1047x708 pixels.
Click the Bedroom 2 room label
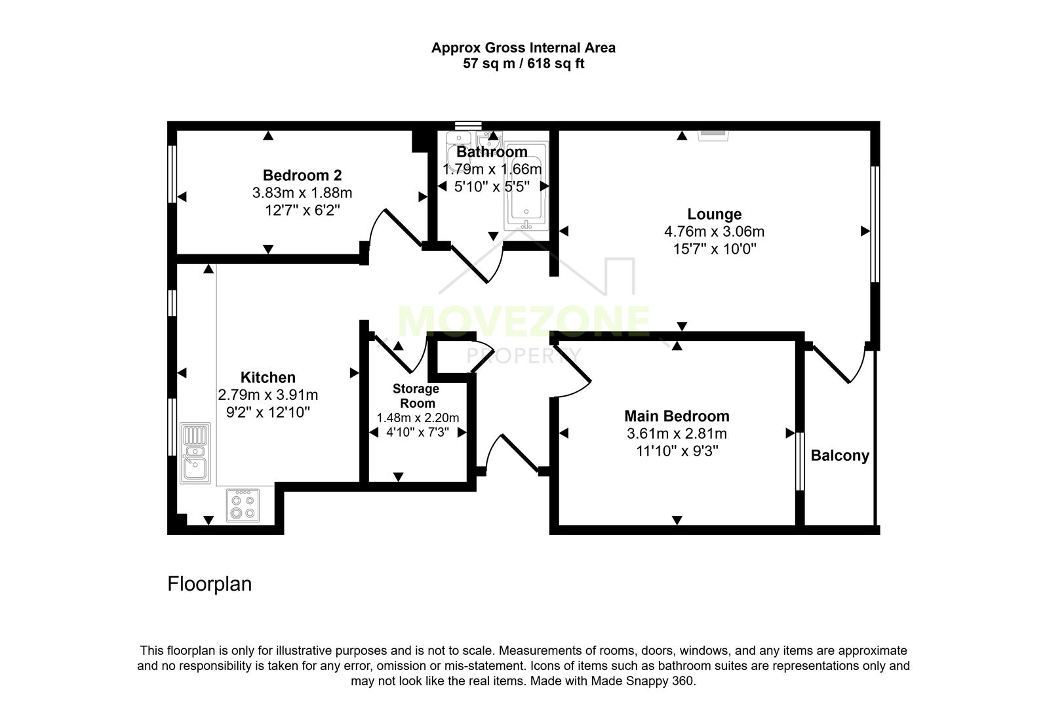[302, 175]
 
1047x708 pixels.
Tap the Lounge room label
[714, 214]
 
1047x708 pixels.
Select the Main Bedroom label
[676, 416]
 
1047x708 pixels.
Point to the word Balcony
[839, 456]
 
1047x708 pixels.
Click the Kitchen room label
[267, 377]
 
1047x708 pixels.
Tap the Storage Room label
[416, 396]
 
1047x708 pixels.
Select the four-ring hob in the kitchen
[243, 505]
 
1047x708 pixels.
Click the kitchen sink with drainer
[196, 452]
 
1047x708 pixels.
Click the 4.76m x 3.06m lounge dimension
[714, 231]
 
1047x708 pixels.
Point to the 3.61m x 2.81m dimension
[676, 433]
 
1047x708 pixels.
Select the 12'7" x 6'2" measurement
[302, 210]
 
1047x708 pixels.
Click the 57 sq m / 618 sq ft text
[523, 64]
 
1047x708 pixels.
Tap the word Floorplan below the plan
[209, 583]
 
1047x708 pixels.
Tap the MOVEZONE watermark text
[523, 321]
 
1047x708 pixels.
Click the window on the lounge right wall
[874, 223]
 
